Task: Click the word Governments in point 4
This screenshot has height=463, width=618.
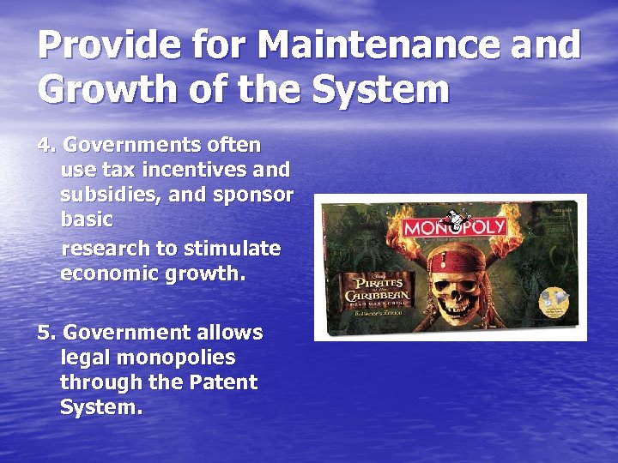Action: point(133,145)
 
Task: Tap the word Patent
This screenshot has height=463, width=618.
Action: point(221,382)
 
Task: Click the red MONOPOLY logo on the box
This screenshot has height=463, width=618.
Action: point(455,228)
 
